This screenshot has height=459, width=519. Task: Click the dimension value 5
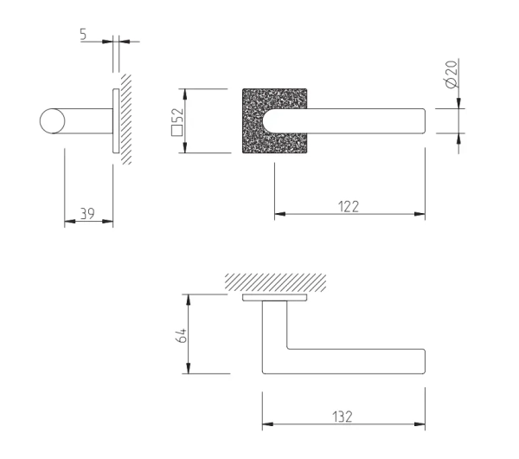click(x=83, y=34)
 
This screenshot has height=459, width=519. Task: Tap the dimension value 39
click(x=87, y=214)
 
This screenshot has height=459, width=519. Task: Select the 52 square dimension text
click(x=177, y=121)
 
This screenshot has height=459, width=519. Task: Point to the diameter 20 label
click(x=452, y=74)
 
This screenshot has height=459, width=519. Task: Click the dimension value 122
click(x=349, y=207)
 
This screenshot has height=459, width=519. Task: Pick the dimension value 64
click(x=182, y=336)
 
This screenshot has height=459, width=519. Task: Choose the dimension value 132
click(x=343, y=417)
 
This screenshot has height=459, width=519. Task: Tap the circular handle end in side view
click(x=52, y=121)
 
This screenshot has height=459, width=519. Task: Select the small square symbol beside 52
click(x=176, y=131)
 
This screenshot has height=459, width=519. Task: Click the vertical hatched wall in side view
click(x=125, y=120)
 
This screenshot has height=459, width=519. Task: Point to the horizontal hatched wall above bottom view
click(x=275, y=282)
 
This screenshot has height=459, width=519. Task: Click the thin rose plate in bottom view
click(x=275, y=297)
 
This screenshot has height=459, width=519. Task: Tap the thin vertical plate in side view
click(x=116, y=121)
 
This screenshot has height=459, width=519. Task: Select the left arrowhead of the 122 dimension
click(x=280, y=214)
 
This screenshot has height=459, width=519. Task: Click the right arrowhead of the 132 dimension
click(x=420, y=423)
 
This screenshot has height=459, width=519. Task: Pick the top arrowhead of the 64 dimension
click(x=188, y=300)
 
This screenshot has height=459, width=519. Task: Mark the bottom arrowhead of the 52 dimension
click(x=185, y=147)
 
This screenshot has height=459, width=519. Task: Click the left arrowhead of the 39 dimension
click(x=70, y=221)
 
